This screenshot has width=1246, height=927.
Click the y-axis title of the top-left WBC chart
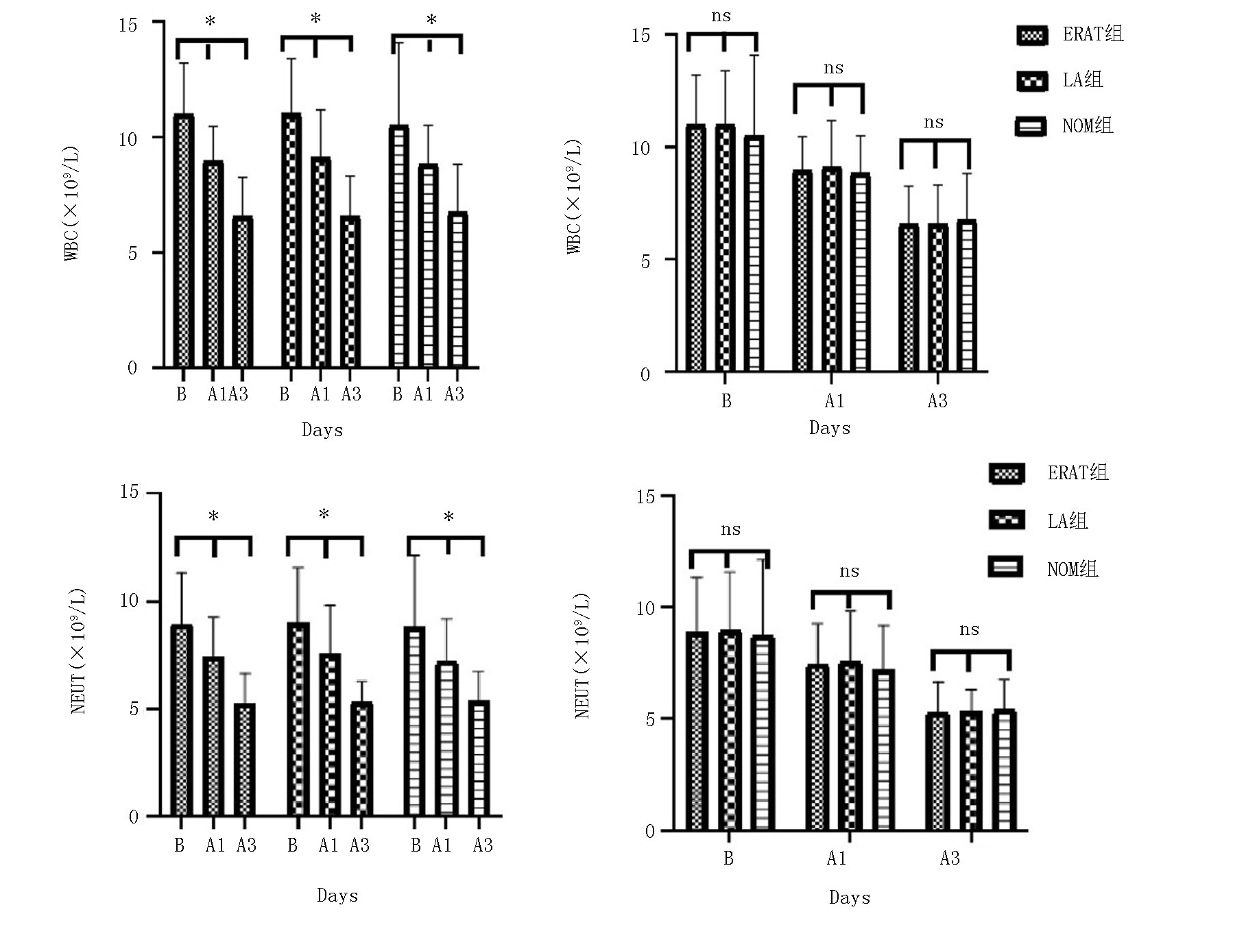pyautogui.click(x=72, y=204)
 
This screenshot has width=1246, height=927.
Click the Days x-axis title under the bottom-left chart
pyautogui.click(x=337, y=895)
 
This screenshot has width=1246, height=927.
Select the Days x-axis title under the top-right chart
pyautogui.click(x=830, y=429)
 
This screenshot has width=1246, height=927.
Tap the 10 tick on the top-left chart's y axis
pyautogui.click(x=128, y=139)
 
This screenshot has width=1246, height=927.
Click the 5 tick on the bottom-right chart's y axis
pyautogui.click(x=649, y=720)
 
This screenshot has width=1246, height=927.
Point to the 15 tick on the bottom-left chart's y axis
pyautogui.click(x=128, y=492)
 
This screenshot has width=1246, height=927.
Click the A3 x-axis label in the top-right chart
pyautogui.click(x=937, y=401)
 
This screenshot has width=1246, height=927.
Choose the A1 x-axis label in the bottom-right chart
pyautogui.click(x=837, y=858)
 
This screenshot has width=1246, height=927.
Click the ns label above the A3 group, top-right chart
pyautogui.click(x=933, y=123)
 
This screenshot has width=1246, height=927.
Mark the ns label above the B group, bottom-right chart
pyautogui.click(x=730, y=529)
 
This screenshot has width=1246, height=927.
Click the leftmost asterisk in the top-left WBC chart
pyautogui.click(x=211, y=21)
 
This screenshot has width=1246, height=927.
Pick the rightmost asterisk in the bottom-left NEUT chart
pyautogui.click(x=448, y=518)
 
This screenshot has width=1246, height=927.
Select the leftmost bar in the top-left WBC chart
pyautogui.click(x=183, y=240)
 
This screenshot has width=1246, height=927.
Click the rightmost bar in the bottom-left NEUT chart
pyautogui.click(x=479, y=758)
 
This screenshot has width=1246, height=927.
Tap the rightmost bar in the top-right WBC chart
pyautogui.click(x=966, y=296)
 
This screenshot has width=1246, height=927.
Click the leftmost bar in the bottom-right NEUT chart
pyautogui.click(x=697, y=730)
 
